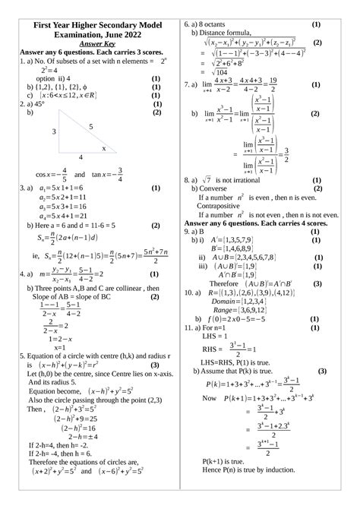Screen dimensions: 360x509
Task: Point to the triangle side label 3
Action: coord(55,132)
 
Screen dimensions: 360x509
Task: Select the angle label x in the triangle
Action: coord(105,148)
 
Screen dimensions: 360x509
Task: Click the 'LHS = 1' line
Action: coord(217,336)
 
